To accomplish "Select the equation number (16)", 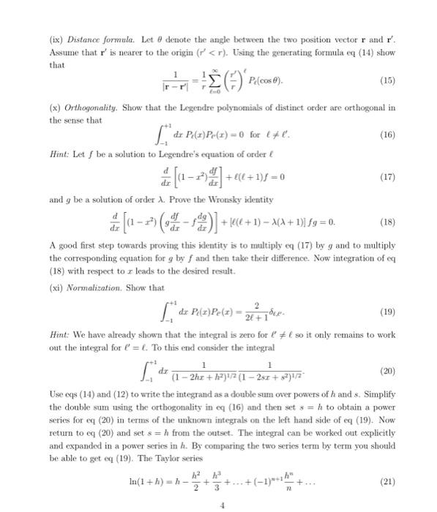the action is tap(386, 135).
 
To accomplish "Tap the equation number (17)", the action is tap(386, 176).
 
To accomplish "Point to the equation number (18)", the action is tap(386, 222).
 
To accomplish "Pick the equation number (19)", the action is tap(386, 310).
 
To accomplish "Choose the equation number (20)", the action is tap(386, 370).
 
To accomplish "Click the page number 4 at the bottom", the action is tap(217, 504).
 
